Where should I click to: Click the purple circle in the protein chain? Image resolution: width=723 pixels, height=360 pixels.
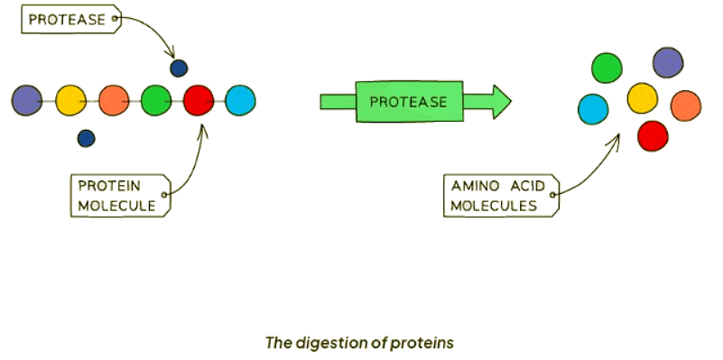27,100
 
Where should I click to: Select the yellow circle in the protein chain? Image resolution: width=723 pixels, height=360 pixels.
70,100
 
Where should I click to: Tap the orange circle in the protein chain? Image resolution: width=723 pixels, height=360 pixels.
114,100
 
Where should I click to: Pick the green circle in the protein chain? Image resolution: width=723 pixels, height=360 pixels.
156,100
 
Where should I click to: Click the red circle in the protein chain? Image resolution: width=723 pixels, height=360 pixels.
199,100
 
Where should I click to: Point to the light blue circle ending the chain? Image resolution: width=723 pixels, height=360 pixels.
240,100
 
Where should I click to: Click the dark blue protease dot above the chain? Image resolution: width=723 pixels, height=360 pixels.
179,69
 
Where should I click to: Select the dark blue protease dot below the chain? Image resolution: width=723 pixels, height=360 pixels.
87,138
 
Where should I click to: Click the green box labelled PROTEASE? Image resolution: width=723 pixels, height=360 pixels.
409,101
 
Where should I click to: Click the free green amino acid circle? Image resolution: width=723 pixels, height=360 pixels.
607,68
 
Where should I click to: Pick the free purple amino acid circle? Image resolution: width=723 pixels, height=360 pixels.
668,62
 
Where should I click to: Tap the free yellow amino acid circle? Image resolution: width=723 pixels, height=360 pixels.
643,97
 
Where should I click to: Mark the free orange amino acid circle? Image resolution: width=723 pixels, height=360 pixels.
686,106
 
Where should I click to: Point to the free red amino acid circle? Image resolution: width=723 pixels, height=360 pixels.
653,135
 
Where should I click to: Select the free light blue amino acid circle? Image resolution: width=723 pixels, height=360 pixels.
593,109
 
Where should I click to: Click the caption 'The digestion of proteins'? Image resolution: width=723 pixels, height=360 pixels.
359,344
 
